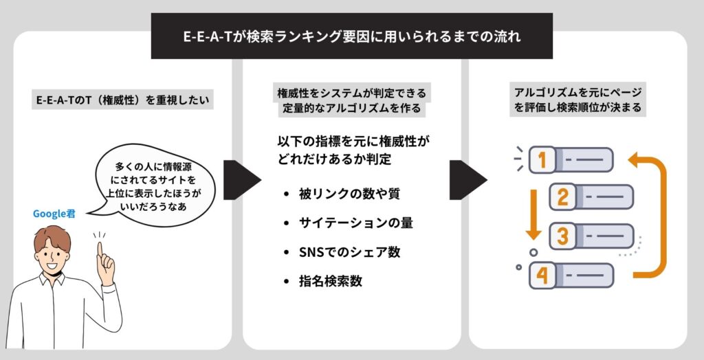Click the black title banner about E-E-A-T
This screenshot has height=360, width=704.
click(351, 36)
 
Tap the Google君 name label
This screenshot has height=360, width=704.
click(54, 213)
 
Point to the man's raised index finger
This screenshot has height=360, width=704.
click(103, 251)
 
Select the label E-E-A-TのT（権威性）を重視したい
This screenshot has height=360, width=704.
click(123, 101)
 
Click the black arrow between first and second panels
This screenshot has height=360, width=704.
click(241, 181)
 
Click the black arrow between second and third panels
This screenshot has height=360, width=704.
click(467, 181)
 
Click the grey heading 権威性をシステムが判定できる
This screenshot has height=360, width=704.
click(351, 93)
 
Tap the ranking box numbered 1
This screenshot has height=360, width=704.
click(571, 160)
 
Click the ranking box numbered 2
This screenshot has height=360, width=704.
click(591, 198)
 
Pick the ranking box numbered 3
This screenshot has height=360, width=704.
click(591, 237)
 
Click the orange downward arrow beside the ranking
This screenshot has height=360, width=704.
click(532, 213)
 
